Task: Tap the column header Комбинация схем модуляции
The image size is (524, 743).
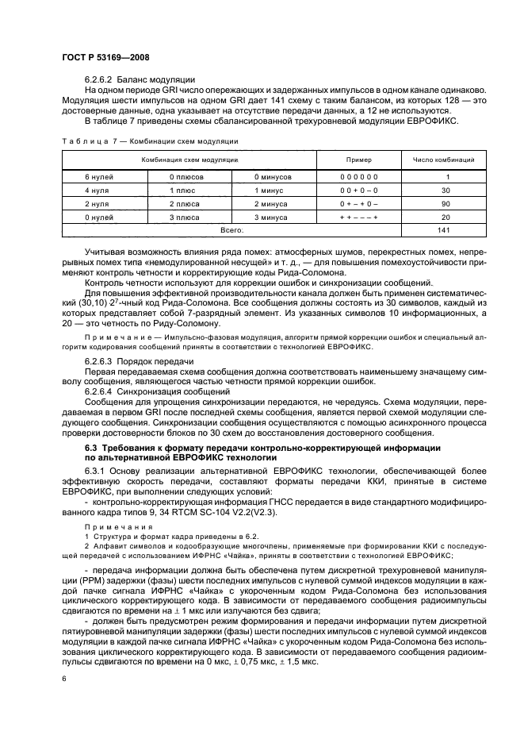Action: [190, 160]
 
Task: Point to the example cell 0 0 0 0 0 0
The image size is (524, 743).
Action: [358, 176]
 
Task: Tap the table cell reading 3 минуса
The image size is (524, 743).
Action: [272, 217]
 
